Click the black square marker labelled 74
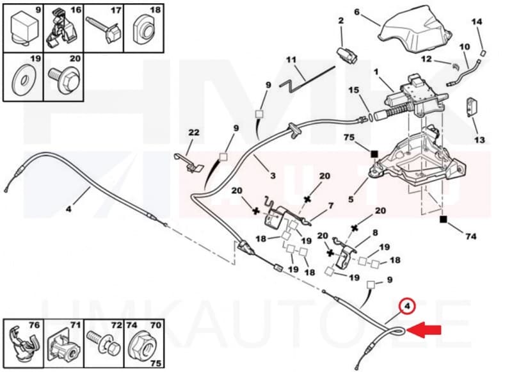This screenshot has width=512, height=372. coord(443,219)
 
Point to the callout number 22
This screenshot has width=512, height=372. coord(193,133)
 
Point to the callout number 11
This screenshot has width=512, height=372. coord(292,60)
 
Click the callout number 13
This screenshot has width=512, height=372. coord(479,140)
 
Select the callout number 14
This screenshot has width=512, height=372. coord(476,22)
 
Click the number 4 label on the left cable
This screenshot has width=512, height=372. coord(68,207)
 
